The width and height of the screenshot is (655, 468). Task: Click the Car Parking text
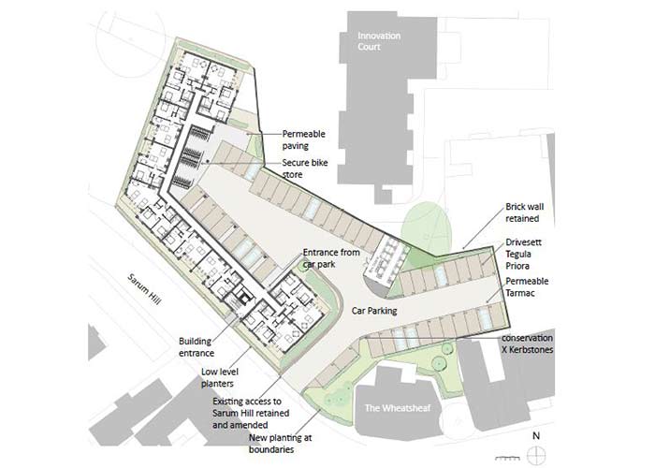point(374,311)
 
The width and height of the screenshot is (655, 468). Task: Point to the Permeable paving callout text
point(304,140)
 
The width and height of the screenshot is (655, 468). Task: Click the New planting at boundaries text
point(281,443)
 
